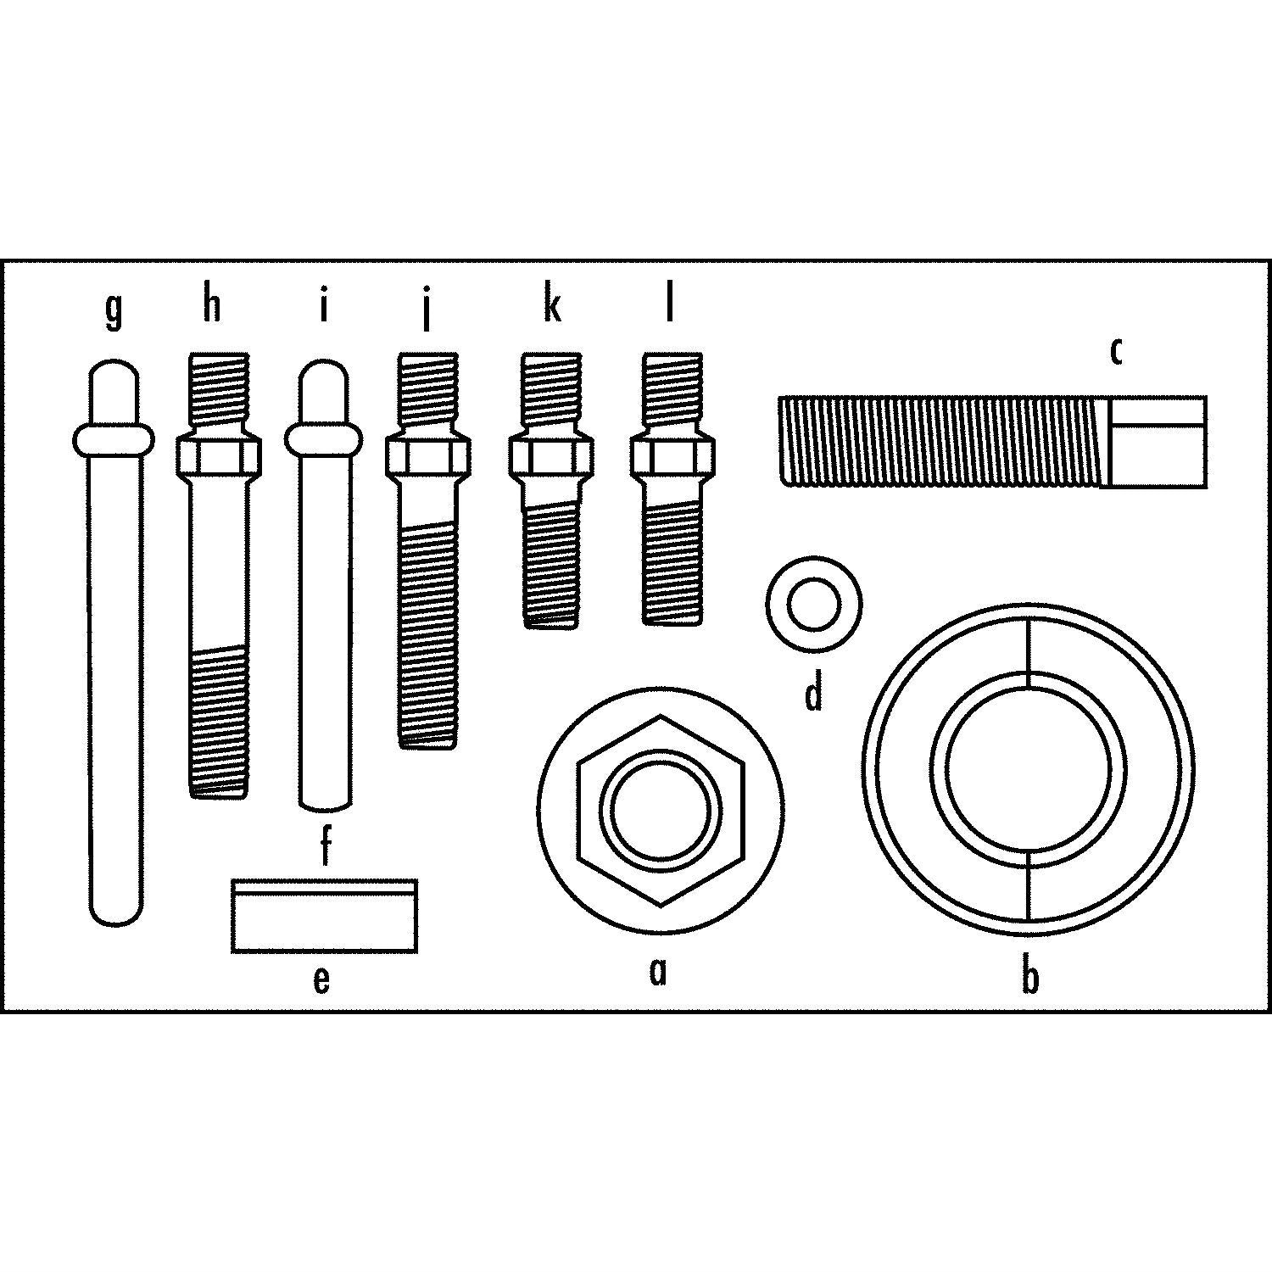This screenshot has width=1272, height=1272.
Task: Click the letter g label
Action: click(x=114, y=310)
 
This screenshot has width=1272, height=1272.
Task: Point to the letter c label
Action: click(x=1117, y=350)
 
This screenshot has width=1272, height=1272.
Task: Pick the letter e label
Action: click(x=321, y=979)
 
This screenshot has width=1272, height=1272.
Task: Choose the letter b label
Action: click(x=1029, y=975)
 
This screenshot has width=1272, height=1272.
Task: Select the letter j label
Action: click(x=427, y=310)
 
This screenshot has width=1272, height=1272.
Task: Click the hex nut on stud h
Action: click(x=218, y=457)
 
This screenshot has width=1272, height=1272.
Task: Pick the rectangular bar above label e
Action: click(x=325, y=915)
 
